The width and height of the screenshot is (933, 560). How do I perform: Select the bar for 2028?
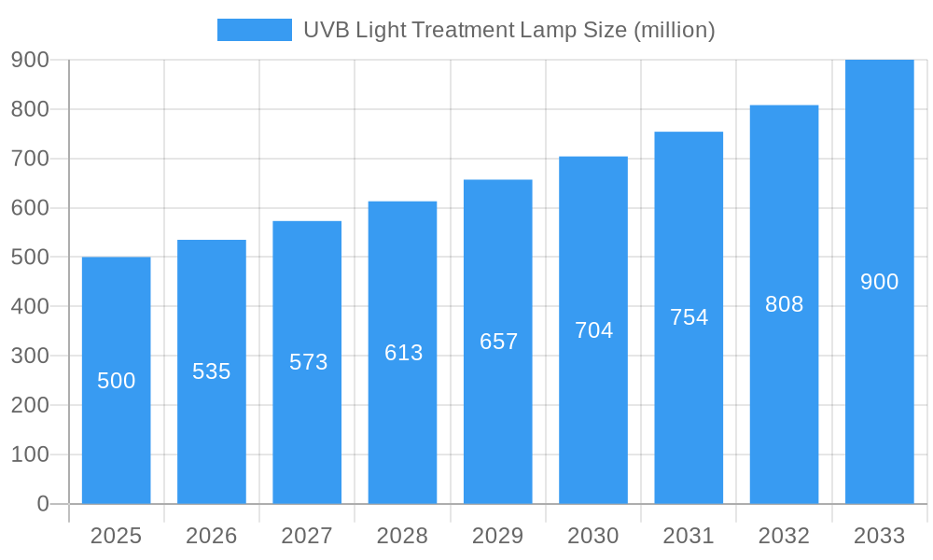402,429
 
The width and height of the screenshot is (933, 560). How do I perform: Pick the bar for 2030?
593,420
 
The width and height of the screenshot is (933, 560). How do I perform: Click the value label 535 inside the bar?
212,371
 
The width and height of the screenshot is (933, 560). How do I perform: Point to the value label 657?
498,342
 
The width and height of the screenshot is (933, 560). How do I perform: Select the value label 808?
784,304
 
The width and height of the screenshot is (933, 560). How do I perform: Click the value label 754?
689,317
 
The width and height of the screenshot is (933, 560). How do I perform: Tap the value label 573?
308,362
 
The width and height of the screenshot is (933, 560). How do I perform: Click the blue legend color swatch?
254,30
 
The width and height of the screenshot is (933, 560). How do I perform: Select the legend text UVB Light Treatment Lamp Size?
508,30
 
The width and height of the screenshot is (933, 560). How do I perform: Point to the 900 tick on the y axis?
30,60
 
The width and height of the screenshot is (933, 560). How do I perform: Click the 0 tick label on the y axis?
42,504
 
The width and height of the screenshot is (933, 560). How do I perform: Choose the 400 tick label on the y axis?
30,306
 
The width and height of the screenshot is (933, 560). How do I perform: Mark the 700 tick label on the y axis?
30,159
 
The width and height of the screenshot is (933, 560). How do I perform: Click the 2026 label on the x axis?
212,536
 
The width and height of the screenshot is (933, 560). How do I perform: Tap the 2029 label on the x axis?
498,536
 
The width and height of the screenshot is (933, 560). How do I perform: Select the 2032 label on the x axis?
784,536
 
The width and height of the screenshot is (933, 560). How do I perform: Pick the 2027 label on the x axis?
307,536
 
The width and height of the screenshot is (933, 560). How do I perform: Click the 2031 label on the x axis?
689,536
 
